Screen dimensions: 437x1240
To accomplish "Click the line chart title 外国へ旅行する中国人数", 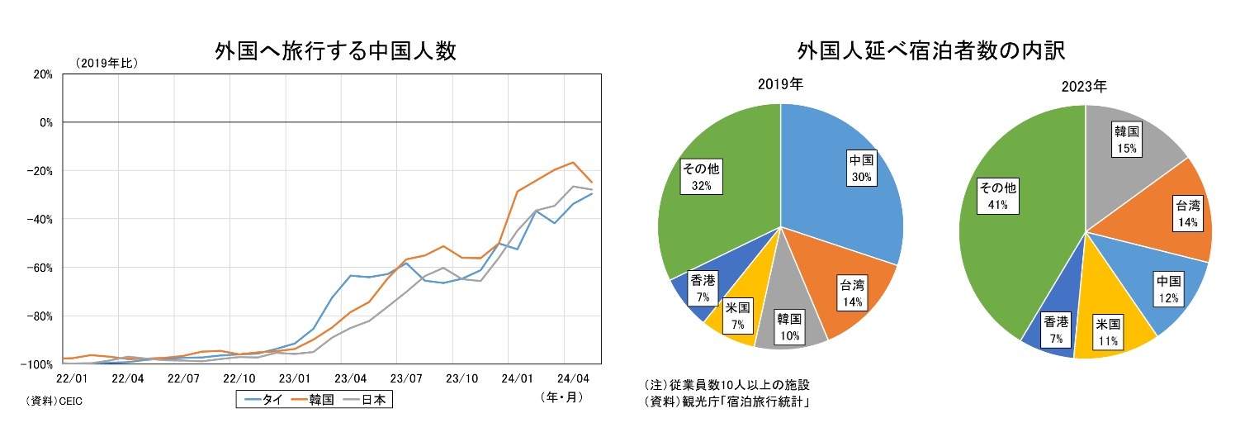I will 335,51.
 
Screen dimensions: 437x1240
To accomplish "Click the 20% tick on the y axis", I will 41,74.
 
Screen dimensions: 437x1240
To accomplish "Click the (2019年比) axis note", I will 106,63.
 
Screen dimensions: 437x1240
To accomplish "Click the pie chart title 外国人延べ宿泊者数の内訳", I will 931,51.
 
